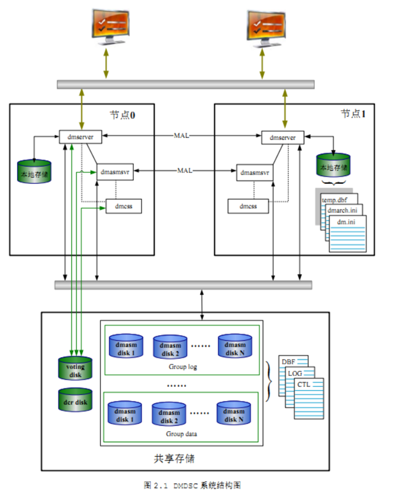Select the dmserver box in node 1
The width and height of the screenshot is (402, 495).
tap(282, 137)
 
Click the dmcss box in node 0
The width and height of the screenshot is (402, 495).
tap(123, 207)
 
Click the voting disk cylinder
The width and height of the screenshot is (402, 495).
tap(76, 368)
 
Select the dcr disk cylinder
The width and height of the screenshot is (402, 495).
tap(76, 402)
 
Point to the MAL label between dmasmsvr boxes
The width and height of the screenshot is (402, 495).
tap(185, 171)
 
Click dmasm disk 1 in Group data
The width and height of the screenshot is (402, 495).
tap(126, 415)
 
